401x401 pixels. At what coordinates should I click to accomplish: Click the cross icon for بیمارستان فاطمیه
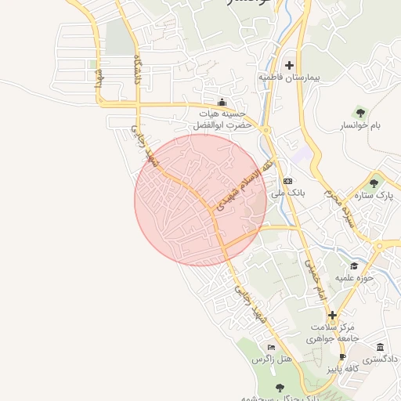(x=290, y=65)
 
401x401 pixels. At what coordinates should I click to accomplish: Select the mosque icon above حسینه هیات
(x=222, y=101)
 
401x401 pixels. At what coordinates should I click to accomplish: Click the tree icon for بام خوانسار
(x=360, y=113)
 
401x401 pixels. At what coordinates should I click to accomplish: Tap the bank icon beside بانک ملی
(x=287, y=179)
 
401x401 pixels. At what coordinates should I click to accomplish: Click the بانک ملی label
(x=281, y=192)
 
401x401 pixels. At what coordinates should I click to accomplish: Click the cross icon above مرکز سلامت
(x=332, y=315)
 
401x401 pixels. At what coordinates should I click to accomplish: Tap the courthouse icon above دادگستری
(x=380, y=347)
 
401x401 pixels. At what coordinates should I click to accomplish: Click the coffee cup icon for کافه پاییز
(x=342, y=357)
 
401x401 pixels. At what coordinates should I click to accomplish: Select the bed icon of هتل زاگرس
(x=271, y=347)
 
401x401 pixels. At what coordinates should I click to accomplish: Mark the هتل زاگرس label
(x=266, y=359)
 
